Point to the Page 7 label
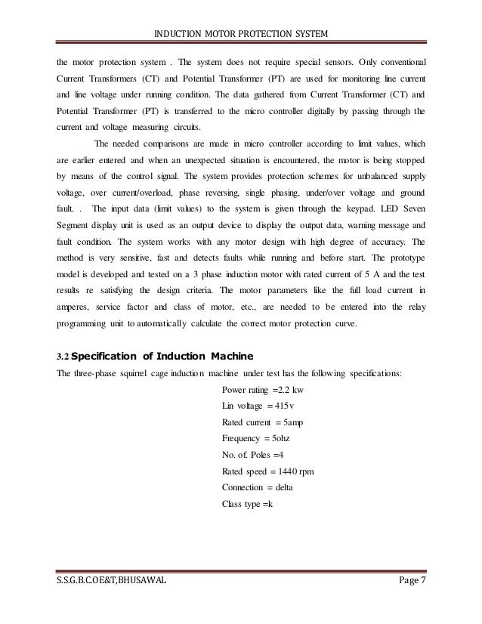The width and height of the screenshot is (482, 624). (x=407, y=601)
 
